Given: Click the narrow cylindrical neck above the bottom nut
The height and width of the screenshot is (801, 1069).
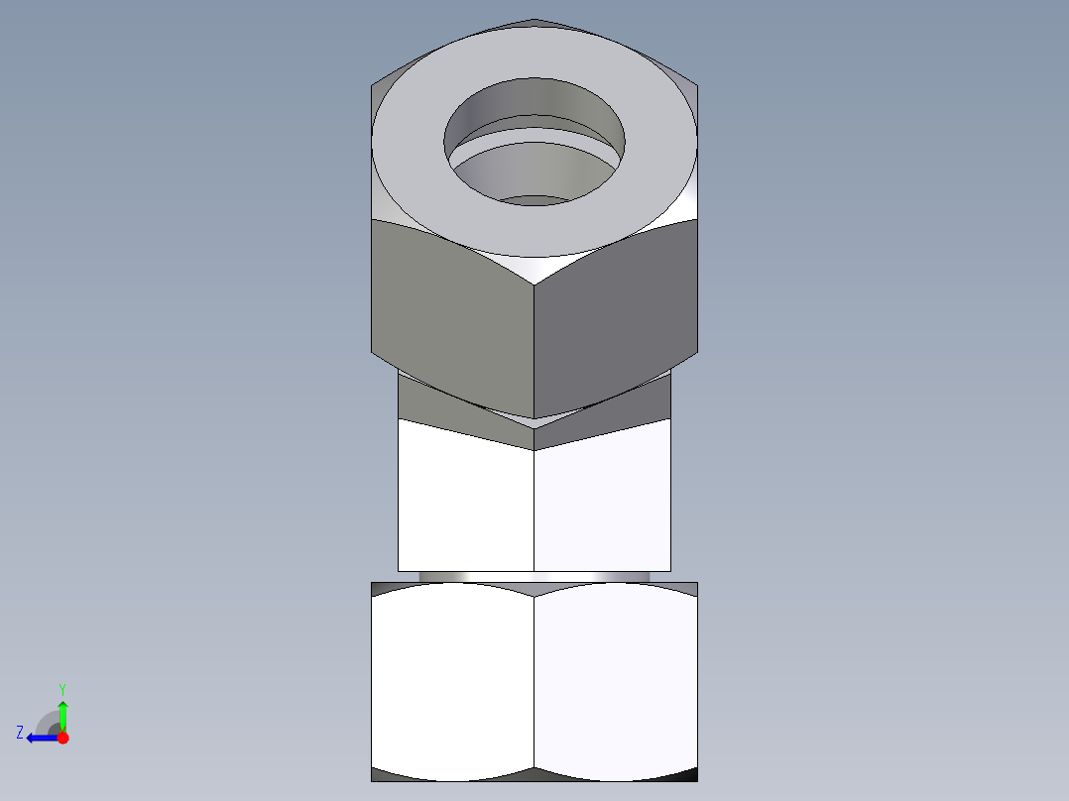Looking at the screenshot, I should [534, 576].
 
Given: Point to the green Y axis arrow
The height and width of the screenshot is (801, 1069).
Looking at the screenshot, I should [62, 713].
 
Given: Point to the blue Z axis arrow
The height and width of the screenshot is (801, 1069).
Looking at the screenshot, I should [40, 738].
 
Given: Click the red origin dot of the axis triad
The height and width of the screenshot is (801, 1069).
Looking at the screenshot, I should [62, 738].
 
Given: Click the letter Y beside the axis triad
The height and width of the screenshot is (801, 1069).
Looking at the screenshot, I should [61, 688].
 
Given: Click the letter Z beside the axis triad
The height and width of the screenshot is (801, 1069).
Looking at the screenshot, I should [20, 733].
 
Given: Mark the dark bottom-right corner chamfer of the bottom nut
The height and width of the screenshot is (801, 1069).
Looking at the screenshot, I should [689, 775].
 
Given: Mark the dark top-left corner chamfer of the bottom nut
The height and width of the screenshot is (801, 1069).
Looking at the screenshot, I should [379, 588].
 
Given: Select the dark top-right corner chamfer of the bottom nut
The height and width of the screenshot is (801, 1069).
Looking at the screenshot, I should [689, 588].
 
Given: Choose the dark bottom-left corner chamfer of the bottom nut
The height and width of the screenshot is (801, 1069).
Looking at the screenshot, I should [379, 775].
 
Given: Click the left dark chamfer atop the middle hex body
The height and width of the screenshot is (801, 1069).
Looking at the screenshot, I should [446, 406].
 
